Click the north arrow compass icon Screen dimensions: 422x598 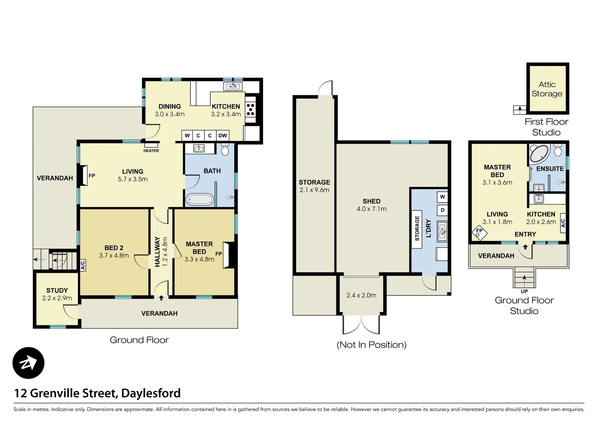(29, 363)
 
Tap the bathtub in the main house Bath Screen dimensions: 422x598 (200, 200)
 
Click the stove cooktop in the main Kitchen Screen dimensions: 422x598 (250, 110)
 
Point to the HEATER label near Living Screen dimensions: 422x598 (151, 151)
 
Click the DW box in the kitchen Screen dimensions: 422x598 (223, 136)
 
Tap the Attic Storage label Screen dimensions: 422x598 (547, 89)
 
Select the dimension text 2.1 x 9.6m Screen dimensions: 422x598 (314, 190)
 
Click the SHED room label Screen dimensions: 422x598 (371, 201)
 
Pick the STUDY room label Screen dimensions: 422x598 (57, 290)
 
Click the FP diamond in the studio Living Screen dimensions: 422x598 (479, 232)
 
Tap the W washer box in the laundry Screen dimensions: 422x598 (442, 197)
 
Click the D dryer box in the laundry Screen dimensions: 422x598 (442, 210)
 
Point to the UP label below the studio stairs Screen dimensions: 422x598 (524, 291)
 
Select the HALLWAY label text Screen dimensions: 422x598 (157, 252)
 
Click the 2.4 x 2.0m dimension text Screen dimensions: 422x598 (361, 295)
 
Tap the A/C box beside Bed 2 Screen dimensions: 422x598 (83, 266)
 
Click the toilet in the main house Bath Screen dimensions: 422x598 (225, 150)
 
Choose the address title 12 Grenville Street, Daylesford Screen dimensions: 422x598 (97, 393)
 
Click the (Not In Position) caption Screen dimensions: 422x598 (371, 345)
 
